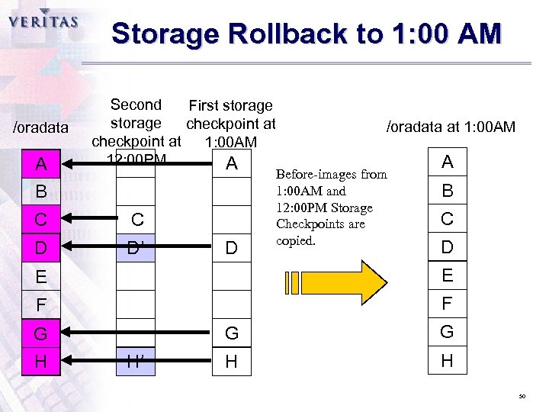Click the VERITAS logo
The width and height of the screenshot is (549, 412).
point(43,21)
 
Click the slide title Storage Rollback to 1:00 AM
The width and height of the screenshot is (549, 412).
point(306,34)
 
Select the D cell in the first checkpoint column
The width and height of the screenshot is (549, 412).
point(231,248)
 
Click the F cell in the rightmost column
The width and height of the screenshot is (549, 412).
point(447,304)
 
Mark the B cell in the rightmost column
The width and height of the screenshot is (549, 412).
point(447,190)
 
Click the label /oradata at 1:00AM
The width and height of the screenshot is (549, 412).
point(451,127)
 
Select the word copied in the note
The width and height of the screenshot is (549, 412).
point(295,240)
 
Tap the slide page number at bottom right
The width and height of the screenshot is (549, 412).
point(522,397)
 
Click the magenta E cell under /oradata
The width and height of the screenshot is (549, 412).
point(41,276)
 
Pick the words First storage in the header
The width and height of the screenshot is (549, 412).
point(230,105)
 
